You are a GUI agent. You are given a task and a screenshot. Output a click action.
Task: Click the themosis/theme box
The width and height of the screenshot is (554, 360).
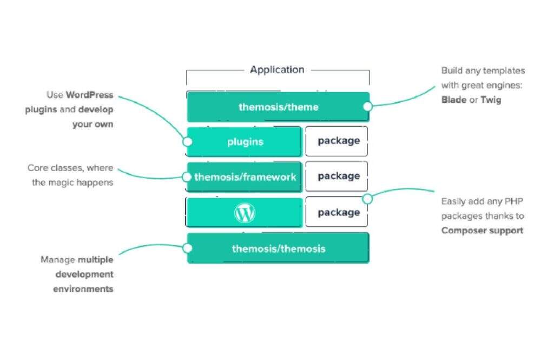(278, 107)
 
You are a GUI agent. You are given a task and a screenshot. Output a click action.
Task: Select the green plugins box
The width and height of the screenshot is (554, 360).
(245, 142)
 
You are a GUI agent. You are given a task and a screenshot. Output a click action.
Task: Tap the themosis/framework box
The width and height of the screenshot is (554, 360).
(245, 176)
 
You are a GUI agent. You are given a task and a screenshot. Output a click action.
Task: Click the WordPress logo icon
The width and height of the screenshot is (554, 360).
(245, 213)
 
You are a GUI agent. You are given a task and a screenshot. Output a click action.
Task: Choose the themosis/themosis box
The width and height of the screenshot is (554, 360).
(278, 248)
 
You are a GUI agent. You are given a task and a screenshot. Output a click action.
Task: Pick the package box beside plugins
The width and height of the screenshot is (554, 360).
(338, 141)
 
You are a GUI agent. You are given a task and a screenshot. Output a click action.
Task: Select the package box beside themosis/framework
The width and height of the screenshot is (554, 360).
(338, 176)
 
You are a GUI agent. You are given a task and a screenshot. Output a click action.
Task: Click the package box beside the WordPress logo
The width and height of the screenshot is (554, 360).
(338, 212)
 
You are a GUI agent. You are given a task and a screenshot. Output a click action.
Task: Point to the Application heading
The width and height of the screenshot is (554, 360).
(277, 70)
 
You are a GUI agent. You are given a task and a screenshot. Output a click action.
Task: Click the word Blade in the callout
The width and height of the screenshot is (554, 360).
(453, 100)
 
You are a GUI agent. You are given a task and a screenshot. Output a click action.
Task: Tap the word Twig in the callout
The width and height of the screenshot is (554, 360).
(491, 100)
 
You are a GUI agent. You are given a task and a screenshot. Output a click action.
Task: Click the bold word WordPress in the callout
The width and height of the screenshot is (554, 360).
(90, 95)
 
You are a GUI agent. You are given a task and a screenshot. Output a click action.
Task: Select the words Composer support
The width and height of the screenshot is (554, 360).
(482, 231)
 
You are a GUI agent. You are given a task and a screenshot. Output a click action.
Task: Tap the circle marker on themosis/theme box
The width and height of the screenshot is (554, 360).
(367, 107)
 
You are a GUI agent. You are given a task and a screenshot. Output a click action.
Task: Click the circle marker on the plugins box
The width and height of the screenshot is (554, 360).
(188, 142)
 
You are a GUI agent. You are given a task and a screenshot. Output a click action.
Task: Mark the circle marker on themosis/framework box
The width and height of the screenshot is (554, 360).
(187, 176)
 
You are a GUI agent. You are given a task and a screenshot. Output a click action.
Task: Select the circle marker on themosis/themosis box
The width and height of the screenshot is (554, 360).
(188, 248)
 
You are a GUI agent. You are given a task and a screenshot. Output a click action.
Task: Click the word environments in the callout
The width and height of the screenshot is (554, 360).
(83, 289)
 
